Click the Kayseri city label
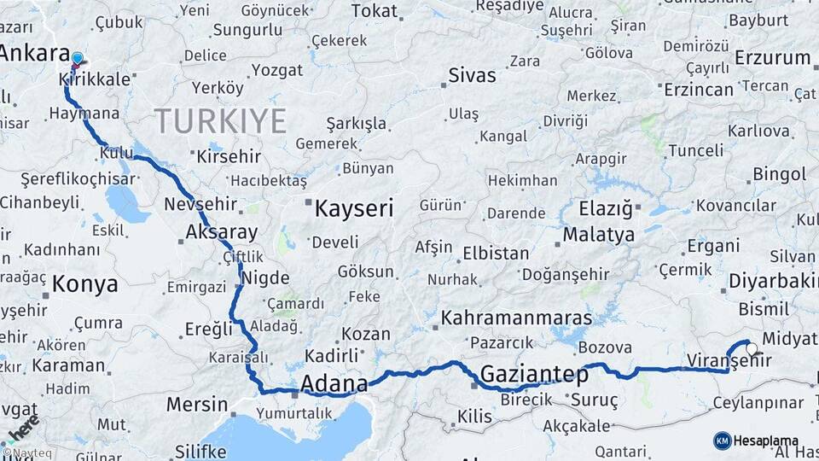pyautogui.click(x=354, y=208)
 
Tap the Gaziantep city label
pyautogui.click(x=534, y=374)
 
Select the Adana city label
pyautogui.click(x=335, y=382)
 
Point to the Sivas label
pyautogui.click(x=472, y=75)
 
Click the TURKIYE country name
pyautogui.click(x=220, y=121)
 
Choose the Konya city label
pyautogui.click(x=85, y=284)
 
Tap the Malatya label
pyautogui.click(x=605, y=234)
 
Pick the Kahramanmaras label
pyautogui.click(x=517, y=318)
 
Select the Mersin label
pyautogui.click(x=197, y=405)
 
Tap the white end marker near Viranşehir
pyautogui.click(x=752, y=348)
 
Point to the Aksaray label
pyautogui.click(x=222, y=232)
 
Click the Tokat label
pyautogui.click(x=375, y=11)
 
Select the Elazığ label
pyautogui.click(x=606, y=208)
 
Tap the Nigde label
pyautogui.click(x=265, y=278)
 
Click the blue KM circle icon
pyautogui.click(x=723, y=441)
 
